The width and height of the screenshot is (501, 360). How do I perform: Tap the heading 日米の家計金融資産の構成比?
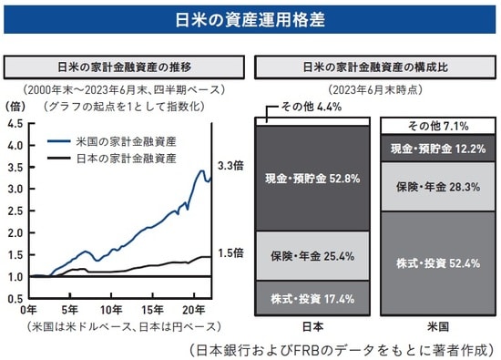click(373, 67)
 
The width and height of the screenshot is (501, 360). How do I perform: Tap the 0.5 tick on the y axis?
click(16, 298)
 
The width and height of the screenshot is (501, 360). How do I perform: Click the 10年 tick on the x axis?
click(112, 311)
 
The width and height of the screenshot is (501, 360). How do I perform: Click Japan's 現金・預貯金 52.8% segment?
click(312, 178)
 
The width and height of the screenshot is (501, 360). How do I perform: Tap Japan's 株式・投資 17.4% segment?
click(312, 298)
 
